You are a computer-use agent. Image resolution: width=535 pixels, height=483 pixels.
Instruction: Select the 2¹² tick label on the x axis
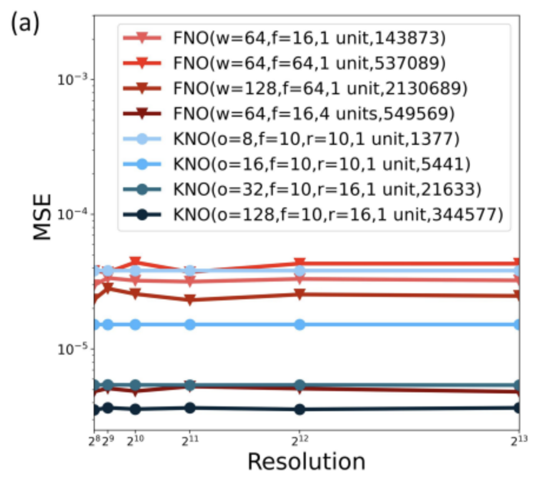(x=300, y=441)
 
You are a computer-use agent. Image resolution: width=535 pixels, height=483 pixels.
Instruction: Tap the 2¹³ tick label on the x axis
(x=518, y=441)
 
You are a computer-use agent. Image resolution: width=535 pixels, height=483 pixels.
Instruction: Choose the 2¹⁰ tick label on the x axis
(x=135, y=441)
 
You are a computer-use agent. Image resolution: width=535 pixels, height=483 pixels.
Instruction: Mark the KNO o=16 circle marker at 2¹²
(x=300, y=325)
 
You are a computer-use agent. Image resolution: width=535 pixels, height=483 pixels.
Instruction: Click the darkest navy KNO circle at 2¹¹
(x=190, y=408)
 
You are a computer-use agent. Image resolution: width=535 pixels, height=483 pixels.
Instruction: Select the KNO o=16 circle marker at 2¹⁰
(x=135, y=325)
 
